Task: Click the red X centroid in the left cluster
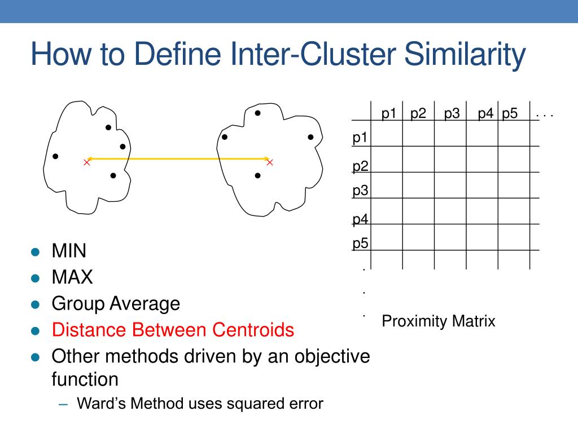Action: point(86,162)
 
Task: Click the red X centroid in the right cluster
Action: point(270,162)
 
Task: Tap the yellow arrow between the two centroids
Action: point(178,159)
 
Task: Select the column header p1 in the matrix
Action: point(389,113)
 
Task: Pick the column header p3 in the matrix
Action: point(452,113)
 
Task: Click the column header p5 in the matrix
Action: point(510,113)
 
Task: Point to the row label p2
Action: point(361,166)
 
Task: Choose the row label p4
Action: point(361,219)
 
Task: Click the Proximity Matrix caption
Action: point(439,321)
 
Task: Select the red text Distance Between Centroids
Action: point(173,330)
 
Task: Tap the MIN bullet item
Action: point(69,251)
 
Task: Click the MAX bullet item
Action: point(72,277)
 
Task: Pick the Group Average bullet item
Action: point(116,304)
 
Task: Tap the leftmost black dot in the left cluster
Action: point(55,156)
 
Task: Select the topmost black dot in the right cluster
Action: point(257,113)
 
